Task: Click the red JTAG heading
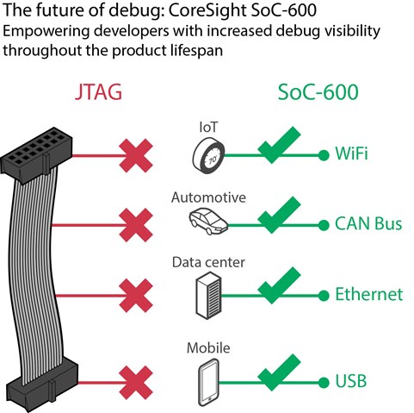(x=98, y=92)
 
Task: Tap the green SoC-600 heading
(x=318, y=92)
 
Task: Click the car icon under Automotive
(x=208, y=221)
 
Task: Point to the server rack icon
(x=208, y=296)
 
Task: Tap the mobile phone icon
(x=208, y=382)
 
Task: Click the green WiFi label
(x=351, y=153)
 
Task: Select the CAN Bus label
(x=368, y=223)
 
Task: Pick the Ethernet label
(x=369, y=294)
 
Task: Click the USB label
(x=351, y=381)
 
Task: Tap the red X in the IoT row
(x=136, y=155)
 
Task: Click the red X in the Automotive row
(x=136, y=225)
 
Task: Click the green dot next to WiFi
(x=324, y=155)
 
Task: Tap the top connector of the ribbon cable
(x=37, y=152)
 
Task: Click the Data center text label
(x=208, y=262)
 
